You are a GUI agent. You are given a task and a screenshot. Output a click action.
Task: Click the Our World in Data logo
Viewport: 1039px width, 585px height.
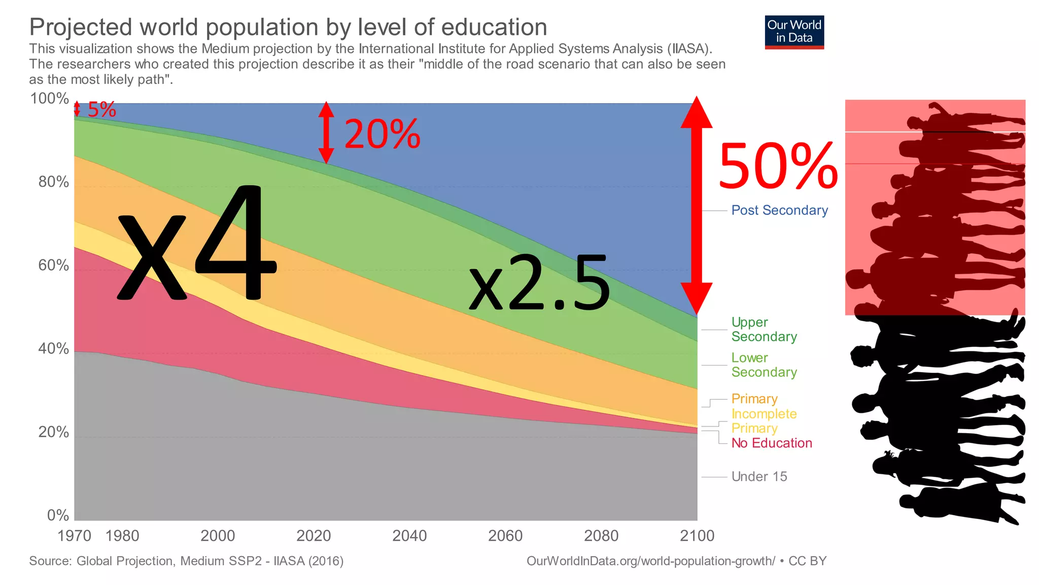click(794, 31)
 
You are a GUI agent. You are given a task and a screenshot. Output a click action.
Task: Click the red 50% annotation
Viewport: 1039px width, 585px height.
click(778, 167)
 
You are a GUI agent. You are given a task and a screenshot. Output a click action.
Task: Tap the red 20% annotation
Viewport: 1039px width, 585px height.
click(382, 135)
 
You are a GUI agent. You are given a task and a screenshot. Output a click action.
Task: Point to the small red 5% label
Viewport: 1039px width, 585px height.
click(101, 110)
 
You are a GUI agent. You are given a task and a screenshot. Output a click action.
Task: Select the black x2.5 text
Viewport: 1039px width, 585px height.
click(539, 283)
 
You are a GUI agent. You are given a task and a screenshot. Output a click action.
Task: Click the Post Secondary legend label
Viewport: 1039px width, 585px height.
click(779, 210)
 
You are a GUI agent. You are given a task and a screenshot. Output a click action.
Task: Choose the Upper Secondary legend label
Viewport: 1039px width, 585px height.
click(764, 330)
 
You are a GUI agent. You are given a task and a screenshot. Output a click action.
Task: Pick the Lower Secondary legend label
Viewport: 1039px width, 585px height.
click(764, 365)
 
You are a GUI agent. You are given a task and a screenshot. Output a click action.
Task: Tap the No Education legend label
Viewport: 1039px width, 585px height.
click(771, 443)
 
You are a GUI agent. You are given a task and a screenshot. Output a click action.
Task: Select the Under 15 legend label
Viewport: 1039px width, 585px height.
click(759, 477)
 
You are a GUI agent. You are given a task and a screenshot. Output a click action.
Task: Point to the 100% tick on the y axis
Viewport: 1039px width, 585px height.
click(49, 99)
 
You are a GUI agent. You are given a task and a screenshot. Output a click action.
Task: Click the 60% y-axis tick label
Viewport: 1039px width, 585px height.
click(53, 265)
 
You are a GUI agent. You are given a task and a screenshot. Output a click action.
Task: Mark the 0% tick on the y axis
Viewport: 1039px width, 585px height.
click(58, 515)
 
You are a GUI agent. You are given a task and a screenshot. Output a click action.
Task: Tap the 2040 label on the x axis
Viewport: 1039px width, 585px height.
click(409, 536)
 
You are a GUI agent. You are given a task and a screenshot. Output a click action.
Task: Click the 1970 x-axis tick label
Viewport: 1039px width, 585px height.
click(74, 536)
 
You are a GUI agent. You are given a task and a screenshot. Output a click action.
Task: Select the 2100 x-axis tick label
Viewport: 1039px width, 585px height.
click(697, 536)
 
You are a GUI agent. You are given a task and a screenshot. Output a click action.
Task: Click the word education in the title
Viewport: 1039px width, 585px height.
click(494, 27)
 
